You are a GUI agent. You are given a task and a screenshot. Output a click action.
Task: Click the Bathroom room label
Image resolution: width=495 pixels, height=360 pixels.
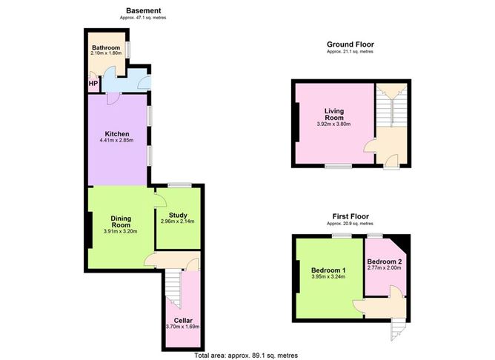pos(106,47)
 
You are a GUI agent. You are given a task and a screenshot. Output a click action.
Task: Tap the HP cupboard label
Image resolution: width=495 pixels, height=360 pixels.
pos(93,84)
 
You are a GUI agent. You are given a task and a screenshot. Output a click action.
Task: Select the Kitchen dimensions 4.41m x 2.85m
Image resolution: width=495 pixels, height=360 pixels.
pos(116,140)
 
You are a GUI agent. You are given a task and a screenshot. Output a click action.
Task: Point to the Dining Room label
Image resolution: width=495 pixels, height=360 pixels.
pos(121,221)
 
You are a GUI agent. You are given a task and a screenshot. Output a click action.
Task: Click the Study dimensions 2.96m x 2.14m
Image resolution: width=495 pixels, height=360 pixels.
pos(177,221)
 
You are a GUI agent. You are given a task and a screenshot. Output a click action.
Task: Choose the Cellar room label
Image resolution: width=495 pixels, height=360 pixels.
pos(183,321)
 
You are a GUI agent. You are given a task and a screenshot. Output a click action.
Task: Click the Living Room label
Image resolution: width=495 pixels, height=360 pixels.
pos(334,114)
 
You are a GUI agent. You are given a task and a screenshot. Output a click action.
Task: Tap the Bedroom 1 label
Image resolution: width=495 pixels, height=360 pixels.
pos(328,270)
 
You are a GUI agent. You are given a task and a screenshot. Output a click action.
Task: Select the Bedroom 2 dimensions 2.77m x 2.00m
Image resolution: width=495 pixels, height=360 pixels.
pos(384,268)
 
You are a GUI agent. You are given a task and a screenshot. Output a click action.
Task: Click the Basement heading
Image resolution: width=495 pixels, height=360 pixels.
pos(143,10)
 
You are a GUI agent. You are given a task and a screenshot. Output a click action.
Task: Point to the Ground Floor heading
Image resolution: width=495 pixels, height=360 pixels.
pos(351,44)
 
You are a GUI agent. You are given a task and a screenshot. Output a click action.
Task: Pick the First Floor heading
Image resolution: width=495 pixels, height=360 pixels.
pos(351,216)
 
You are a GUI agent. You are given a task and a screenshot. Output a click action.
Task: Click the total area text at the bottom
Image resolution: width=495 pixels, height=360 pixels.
pos(246,356)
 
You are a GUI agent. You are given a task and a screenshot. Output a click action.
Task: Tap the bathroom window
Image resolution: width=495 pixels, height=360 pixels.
pos(128,50)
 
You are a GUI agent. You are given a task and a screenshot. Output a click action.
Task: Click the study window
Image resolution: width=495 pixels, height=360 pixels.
pos(179,185)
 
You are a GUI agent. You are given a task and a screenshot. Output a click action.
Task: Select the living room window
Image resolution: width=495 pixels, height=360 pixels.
pos(339,166)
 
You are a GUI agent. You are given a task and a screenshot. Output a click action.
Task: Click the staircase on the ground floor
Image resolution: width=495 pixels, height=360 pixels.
pos(392,105)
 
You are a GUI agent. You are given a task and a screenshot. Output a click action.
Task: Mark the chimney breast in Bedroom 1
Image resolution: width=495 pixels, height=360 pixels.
pos(297,277)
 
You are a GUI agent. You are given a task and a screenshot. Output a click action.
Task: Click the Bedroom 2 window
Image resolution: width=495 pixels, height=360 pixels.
pos(375,236)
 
